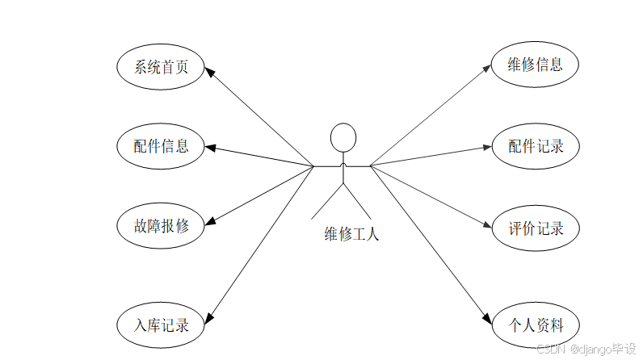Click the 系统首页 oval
(x=160, y=67)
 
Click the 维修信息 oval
(x=535, y=65)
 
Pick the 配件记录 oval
(x=535, y=146)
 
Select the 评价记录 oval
(x=535, y=227)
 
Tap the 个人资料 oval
(x=535, y=325)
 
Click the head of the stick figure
(x=343, y=136)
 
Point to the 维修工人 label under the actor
(x=351, y=235)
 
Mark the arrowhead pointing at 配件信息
(x=211, y=148)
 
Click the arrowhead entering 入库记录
(x=209, y=317)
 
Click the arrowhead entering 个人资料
(x=487, y=318)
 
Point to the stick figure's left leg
(x=327, y=203)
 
